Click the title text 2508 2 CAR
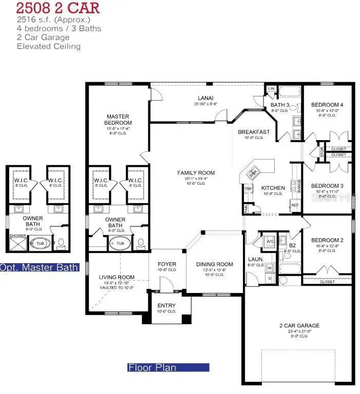57,9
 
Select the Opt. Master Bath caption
39,267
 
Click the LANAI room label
206,98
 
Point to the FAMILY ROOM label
196,173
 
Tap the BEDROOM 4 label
327,105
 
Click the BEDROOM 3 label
327,186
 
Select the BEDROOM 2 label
327,240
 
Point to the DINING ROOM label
215,265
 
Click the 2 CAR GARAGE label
299,325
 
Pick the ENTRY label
166,306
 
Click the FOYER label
166,265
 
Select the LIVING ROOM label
117,278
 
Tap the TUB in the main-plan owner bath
120,243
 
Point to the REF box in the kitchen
295,205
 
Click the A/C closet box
269,241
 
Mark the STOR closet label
322,152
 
